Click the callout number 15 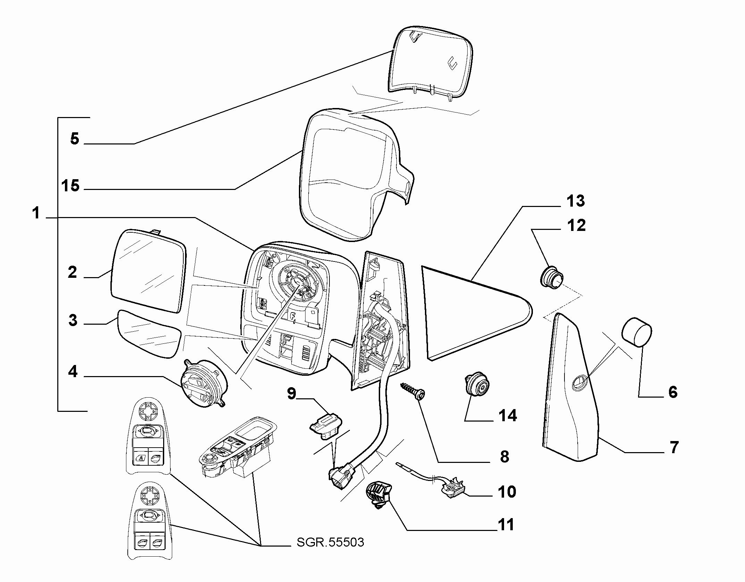tap(70, 186)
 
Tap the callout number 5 tap(75, 139)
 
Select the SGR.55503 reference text tap(330, 542)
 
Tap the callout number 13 tap(576, 201)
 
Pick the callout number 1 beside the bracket tap(36, 213)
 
